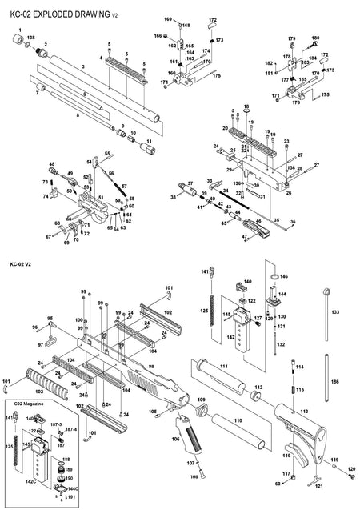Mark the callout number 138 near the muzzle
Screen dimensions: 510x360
coord(31,37)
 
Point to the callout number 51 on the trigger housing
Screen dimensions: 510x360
coord(101,198)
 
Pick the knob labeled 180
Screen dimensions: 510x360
coord(316,43)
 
